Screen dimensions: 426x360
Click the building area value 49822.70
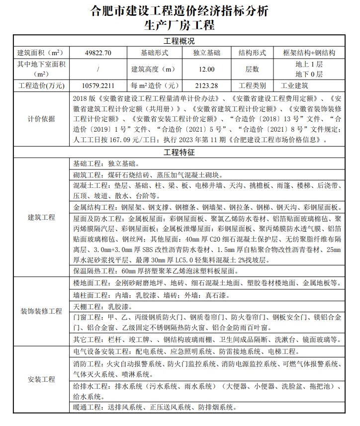click(x=98, y=53)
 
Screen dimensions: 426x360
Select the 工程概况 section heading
click(x=180, y=41)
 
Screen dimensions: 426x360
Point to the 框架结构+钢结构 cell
click(x=309, y=53)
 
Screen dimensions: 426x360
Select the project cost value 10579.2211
click(x=98, y=85)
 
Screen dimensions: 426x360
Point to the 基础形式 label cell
click(x=155, y=53)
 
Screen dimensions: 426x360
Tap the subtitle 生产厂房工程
click(x=180, y=25)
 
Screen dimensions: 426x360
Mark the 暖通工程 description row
click(x=155, y=408)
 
